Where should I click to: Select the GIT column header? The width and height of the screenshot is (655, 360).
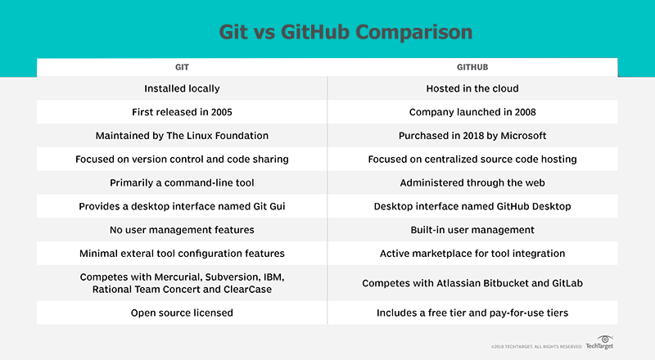pyautogui.click(x=183, y=67)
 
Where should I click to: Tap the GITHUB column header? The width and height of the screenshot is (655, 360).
pyautogui.click(x=472, y=67)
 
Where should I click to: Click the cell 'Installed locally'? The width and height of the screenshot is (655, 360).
pyautogui.click(x=183, y=88)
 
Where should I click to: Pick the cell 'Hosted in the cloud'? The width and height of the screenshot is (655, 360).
pyautogui.click(x=472, y=88)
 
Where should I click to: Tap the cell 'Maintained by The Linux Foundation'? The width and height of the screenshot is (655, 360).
pyautogui.click(x=183, y=135)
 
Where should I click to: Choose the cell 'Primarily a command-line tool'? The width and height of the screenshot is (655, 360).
pyautogui.click(x=183, y=183)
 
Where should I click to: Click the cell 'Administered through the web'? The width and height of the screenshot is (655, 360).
pyautogui.click(x=472, y=183)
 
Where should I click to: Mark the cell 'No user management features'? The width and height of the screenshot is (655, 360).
pyautogui.click(x=183, y=231)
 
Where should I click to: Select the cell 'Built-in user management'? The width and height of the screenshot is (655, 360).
pyautogui.click(x=472, y=231)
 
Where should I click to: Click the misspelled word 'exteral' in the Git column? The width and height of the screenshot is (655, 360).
pyautogui.click(x=161, y=254)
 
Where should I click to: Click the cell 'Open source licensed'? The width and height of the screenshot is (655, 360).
pyautogui.click(x=183, y=313)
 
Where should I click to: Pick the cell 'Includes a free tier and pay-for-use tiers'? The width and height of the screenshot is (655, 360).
pyautogui.click(x=472, y=313)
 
